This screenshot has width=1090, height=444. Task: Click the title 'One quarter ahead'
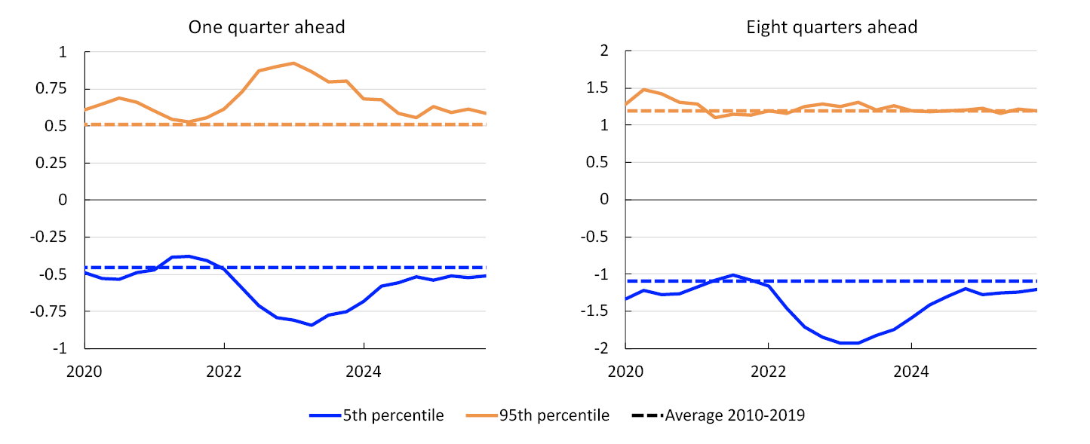(266, 28)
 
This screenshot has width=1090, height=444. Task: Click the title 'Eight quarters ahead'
(831, 28)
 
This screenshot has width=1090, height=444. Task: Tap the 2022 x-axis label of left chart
(224, 372)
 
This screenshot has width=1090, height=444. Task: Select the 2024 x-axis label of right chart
(911, 372)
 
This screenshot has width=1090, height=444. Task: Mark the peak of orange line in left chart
(293, 63)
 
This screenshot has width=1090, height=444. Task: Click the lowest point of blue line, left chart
(311, 325)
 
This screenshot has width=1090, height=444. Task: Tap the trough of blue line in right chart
(849, 343)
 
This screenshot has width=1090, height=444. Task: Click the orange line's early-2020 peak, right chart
(642, 90)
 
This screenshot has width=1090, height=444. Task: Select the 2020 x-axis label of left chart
(84, 372)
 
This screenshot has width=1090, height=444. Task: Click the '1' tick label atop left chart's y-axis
(62, 52)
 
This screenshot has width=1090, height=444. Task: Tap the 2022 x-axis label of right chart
(768, 372)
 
